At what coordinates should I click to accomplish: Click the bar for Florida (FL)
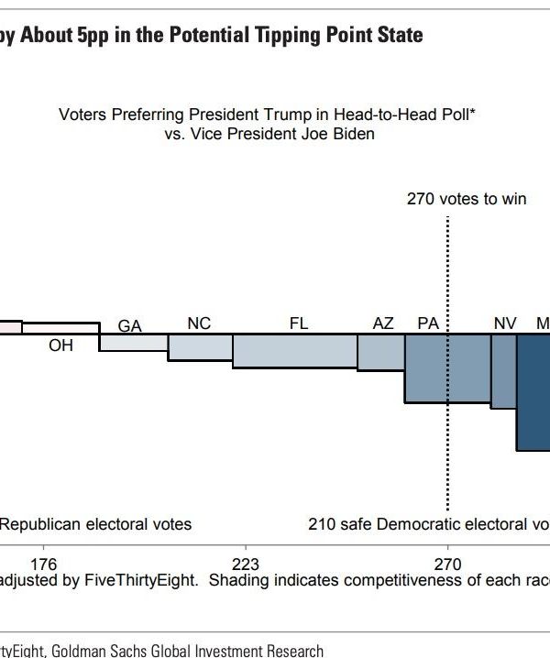[x=294, y=352]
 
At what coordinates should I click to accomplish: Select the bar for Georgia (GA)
[x=134, y=343]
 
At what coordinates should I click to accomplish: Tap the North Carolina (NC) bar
[x=200, y=347]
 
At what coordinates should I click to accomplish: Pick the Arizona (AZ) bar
[x=380, y=353]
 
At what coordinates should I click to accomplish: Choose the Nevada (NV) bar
[x=503, y=371]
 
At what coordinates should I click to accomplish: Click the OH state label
[x=60, y=345]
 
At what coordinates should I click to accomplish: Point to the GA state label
[x=130, y=325]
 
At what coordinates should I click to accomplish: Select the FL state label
[x=299, y=324]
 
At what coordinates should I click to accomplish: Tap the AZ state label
[x=383, y=324]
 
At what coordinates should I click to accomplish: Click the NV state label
[x=505, y=324]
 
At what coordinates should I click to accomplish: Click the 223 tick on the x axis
[x=246, y=564]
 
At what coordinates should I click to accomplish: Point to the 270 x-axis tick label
[x=447, y=564]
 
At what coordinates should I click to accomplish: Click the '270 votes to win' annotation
[x=467, y=199]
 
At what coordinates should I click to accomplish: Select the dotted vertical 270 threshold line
[x=447, y=275]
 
